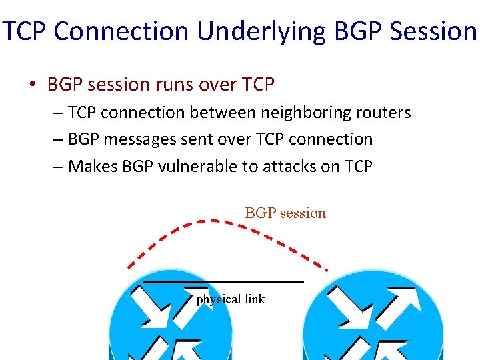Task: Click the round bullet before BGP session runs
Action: (33, 85)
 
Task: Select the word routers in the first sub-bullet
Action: (386, 113)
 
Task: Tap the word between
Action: (218, 113)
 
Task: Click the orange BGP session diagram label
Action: (285, 213)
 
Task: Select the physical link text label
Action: (231, 299)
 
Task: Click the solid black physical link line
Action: (223, 282)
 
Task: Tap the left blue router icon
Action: (171, 320)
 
